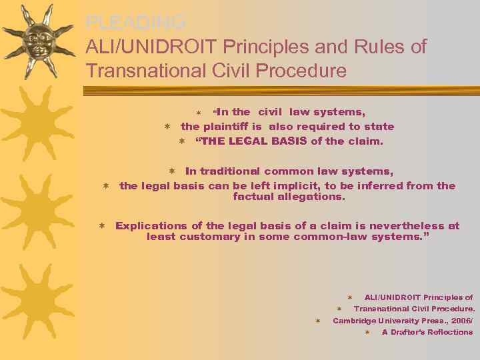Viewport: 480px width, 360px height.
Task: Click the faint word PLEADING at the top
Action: pyautogui.click(x=135, y=23)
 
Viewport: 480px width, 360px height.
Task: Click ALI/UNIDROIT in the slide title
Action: pyautogui.click(x=151, y=47)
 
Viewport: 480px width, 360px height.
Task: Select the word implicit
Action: pyautogui.click(x=289, y=185)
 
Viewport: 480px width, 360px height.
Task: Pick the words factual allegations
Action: pyautogui.click(x=289, y=197)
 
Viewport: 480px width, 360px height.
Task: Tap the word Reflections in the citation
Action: pyautogui.click(x=450, y=332)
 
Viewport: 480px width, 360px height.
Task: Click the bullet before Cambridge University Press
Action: pyautogui.click(x=318, y=321)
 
